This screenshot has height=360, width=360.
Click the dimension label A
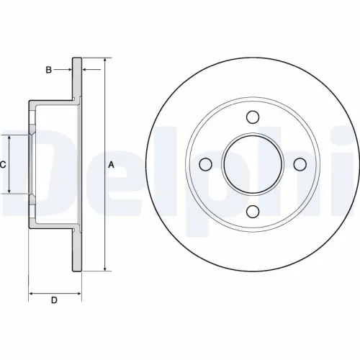111,164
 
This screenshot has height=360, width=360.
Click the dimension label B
48,70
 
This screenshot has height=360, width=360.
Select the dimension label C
3,164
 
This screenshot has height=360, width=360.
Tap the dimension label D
54,300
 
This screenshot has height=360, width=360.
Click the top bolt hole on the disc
252,118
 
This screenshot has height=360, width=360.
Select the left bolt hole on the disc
206,164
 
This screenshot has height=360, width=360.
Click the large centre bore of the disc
252,164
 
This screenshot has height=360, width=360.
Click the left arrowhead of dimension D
32,293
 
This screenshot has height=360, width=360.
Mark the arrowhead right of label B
86,70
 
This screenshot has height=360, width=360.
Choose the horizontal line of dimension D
55,293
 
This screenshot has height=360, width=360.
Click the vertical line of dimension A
105,216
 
